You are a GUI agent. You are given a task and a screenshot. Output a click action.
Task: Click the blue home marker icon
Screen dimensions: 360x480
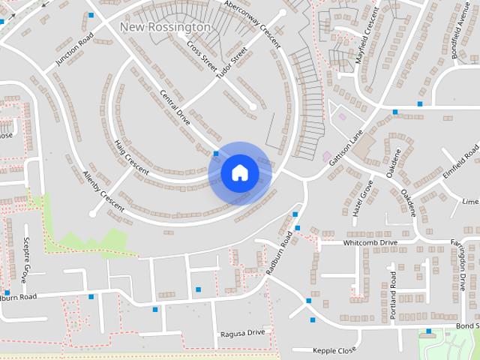240,172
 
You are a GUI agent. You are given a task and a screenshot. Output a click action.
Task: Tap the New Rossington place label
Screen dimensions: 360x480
165,27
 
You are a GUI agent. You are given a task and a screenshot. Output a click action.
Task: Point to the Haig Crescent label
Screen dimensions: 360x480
131,155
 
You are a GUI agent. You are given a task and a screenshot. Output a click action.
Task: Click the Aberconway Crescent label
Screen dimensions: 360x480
252,22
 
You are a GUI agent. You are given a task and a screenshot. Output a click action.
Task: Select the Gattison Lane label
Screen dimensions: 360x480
346,145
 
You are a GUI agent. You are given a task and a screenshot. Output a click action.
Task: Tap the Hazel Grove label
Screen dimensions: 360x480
363,198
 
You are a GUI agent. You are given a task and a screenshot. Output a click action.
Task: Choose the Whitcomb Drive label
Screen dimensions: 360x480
370,243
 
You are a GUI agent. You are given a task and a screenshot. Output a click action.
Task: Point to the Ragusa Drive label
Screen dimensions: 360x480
242,332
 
